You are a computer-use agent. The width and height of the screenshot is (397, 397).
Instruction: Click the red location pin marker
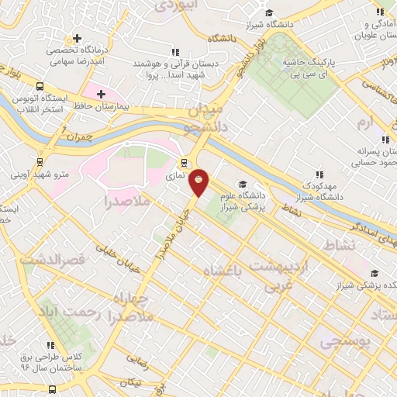199,182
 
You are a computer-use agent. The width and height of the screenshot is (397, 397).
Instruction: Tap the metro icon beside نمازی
185,163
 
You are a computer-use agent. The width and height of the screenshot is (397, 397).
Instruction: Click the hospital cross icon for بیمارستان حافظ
101,93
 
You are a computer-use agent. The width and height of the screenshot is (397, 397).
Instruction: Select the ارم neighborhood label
365,123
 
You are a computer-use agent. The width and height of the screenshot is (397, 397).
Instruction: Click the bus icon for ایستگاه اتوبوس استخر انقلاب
40,87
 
